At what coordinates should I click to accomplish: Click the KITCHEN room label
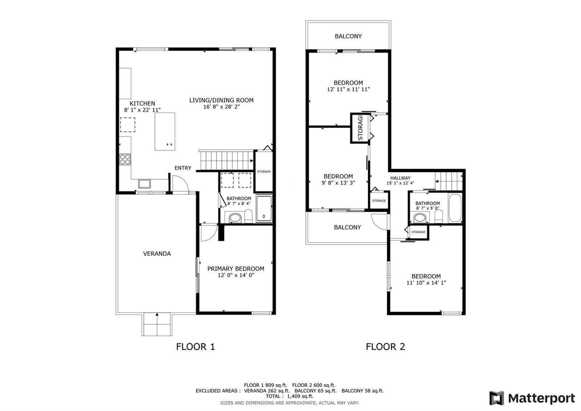click(142, 103)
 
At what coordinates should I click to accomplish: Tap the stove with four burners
click(125, 159)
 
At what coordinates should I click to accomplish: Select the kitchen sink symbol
click(144, 184)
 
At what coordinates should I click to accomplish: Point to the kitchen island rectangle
click(165, 131)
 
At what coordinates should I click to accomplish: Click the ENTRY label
click(183, 168)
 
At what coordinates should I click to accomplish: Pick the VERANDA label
click(157, 254)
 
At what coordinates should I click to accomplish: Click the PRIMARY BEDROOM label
click(236, 269)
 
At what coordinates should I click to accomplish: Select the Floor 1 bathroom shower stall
click(264, 209)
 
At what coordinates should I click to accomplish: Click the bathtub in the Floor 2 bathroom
click(455, 208)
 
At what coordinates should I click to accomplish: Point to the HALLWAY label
click(400, 178)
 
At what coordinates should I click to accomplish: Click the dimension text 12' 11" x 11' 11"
click(348, 89)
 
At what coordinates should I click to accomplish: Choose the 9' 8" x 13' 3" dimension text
click(338, 183)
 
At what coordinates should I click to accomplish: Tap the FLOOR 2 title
click(385, 347)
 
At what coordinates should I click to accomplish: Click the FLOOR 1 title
click(196, 347)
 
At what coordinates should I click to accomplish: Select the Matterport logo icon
click(496, 398)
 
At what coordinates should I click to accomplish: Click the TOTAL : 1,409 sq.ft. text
click(290, 396)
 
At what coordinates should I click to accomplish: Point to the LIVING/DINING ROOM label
click(221, 100)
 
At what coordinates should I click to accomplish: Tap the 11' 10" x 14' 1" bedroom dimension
click(426, 283)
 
